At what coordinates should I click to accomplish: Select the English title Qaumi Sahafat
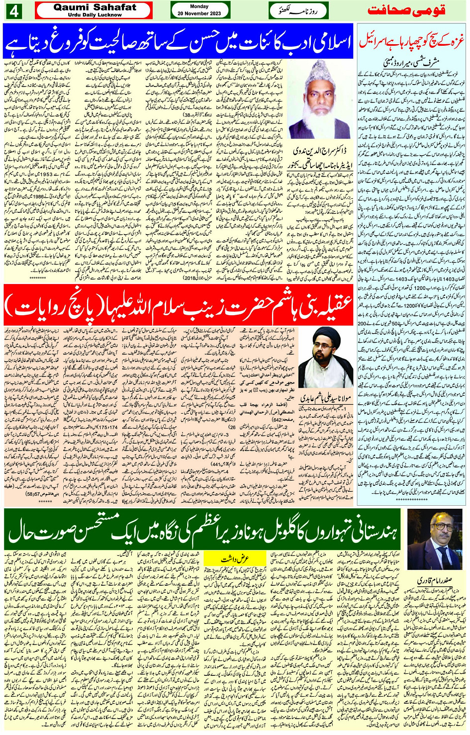click(94, 7)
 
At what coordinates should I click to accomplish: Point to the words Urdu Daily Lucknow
click(94, 15)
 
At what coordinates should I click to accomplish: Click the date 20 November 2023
click(199, 13)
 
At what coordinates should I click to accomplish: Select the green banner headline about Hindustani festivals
click(203, 532)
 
